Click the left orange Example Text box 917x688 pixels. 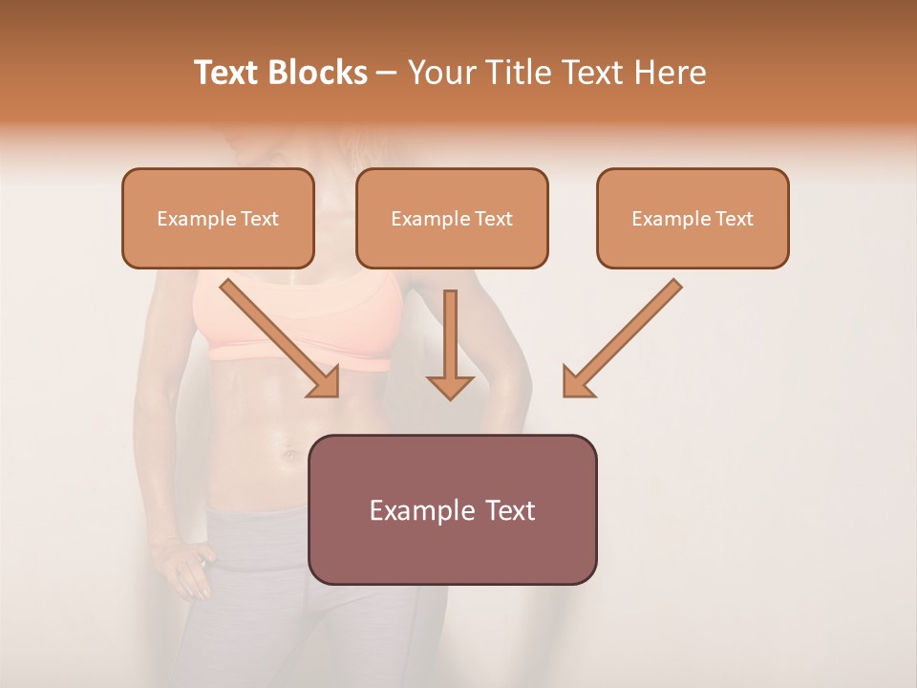click(218, 218)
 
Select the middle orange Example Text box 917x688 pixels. click(452, 218)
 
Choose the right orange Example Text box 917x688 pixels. click(693, 218)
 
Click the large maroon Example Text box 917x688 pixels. click(452, 509)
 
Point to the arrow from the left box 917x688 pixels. click(277, 334)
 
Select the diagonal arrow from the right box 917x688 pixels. click(626, 334)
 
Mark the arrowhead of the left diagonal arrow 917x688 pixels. click(326, 382)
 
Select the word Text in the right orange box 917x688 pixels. click(733, 218)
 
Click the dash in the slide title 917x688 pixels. click(387, 73)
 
